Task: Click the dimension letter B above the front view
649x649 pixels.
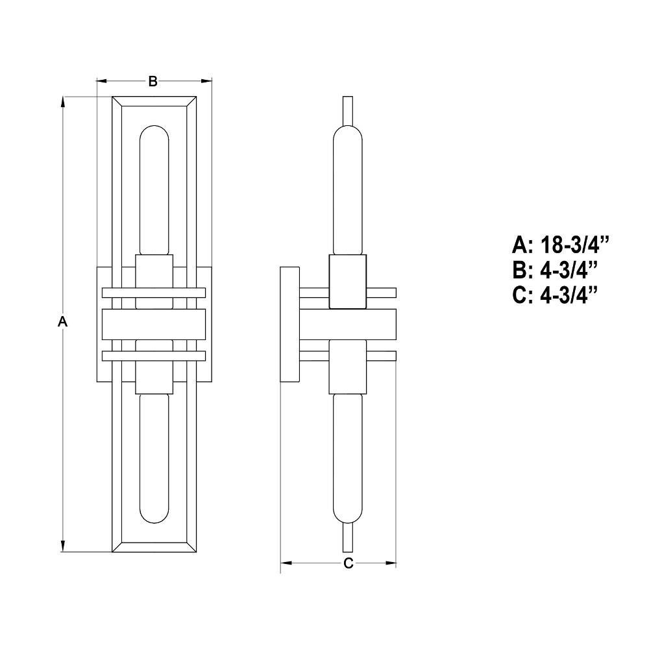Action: pyautogui.click(x=153, y=82)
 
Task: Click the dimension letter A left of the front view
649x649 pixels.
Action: pyautogui.click(x=62, y=321)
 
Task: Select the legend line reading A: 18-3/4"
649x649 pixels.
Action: pyautogui.click(x=561, y=245)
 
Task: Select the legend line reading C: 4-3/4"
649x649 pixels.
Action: pyautogui.click(x=555, y=295)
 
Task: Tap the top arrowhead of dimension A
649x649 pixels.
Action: pyautogui.click(x=63, y=102)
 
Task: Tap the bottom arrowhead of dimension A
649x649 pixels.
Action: pyautogui.click(x=63, y=546)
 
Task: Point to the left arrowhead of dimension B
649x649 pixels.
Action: pyautogui.click(x=103, y=81)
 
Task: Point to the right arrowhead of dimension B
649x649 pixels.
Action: pyautogui.click(x=206, y=81)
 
